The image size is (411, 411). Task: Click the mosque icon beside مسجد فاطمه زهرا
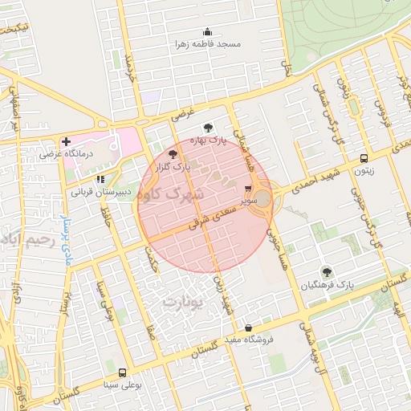209,32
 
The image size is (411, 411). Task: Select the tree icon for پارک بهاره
209,127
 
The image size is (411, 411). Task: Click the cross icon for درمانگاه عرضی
67,141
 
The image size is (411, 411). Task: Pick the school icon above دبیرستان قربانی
100,181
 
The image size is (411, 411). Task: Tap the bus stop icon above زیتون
364,158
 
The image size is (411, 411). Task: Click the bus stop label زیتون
364,170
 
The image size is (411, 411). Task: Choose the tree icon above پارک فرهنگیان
326,272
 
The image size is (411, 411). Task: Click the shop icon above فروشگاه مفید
248,328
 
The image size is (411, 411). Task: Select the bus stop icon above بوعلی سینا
122,372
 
